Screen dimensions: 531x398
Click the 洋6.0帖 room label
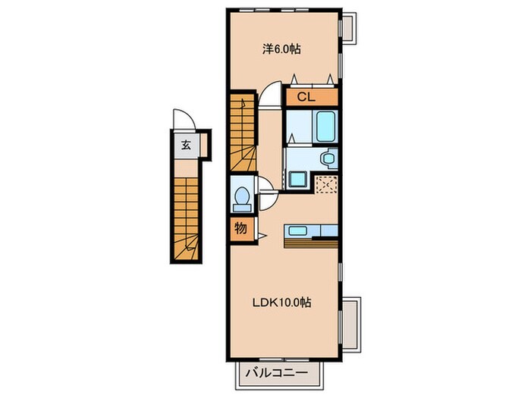(281, 49)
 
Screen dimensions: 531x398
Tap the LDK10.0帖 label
(281, 302)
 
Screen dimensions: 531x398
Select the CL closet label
(306, 97)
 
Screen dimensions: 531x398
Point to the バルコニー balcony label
(277, 373)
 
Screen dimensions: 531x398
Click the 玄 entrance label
(186, 145)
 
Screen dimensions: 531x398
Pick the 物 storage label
(240, 228)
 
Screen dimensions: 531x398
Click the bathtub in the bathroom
(325, 127)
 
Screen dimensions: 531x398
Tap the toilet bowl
(242, 199)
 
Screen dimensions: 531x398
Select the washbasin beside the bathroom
(328, 158)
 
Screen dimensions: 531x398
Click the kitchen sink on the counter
(297, 230)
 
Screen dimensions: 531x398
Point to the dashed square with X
(326, 184)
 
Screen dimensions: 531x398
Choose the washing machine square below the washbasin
(297, 179)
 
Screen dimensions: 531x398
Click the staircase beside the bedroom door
(243, 133)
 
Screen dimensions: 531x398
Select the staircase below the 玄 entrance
(187, 218)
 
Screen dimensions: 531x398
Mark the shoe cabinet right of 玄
(203, 145)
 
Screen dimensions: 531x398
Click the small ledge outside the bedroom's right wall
(349, 28)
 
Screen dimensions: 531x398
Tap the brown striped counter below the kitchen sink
(311, 243)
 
